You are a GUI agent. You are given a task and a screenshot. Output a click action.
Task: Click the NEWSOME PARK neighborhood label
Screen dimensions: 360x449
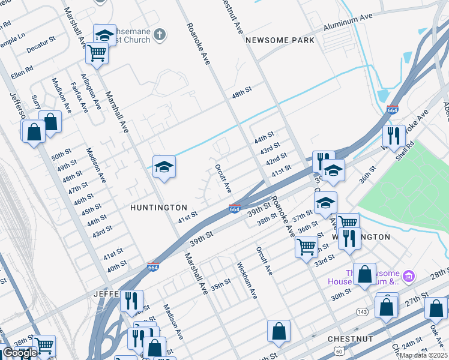[x=280, y=40]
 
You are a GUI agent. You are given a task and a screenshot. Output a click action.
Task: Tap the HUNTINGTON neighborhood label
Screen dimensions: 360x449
[x=159, y=207]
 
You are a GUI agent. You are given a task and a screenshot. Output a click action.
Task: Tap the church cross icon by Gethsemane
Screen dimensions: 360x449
[x=160, y=34]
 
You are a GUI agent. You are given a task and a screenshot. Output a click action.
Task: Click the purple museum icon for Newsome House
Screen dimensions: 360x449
[x=409, y=276]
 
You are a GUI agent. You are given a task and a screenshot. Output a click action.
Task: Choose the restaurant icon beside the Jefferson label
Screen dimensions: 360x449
[x=131, y=301]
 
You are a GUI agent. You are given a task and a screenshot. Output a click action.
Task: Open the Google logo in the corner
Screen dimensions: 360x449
[x=20, y=353]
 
